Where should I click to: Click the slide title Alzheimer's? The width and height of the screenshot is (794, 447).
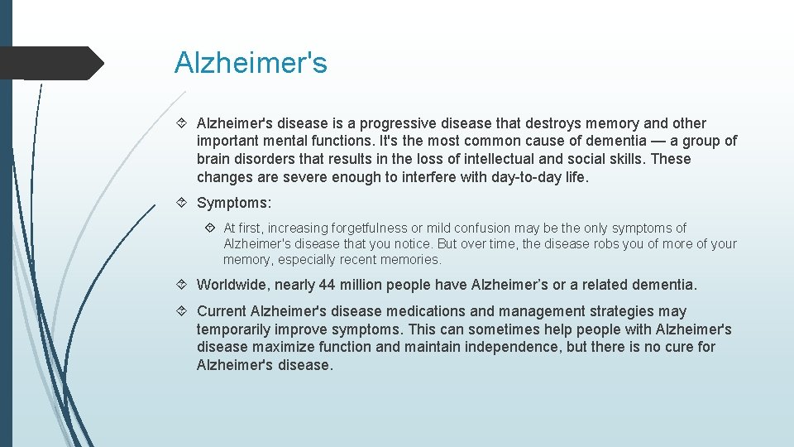pos(251,63)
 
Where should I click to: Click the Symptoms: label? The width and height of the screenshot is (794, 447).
pos(234,203)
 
